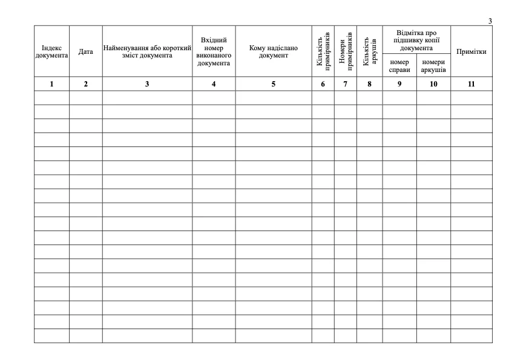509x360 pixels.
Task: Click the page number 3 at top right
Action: (x=490, y=21)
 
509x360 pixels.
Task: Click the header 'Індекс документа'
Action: (x=51, y=51)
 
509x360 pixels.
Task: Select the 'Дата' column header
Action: (x=85, y=52)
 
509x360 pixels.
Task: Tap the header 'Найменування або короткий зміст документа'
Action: (x=147, y=51)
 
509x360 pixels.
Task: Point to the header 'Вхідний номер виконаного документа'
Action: (x=214, y=51)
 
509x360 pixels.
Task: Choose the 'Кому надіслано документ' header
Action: (x=274, y=51)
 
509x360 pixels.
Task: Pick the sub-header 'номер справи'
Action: (x=399, y=65)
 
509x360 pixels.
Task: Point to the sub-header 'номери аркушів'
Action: (x=433, y=65)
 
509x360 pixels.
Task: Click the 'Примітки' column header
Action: (x=471, y=51)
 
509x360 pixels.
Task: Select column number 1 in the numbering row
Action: (x=51, y=84)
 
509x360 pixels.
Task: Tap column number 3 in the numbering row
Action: (x=147, y=84)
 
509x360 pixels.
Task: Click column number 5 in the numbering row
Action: (x=274, y=84)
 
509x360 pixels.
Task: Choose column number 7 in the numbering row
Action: (x=346, y=84)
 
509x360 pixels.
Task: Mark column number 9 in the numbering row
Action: (x=399, y=84)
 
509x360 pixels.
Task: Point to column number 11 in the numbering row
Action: (x=471, y=84)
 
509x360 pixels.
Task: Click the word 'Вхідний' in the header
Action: (x=214, y=40)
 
